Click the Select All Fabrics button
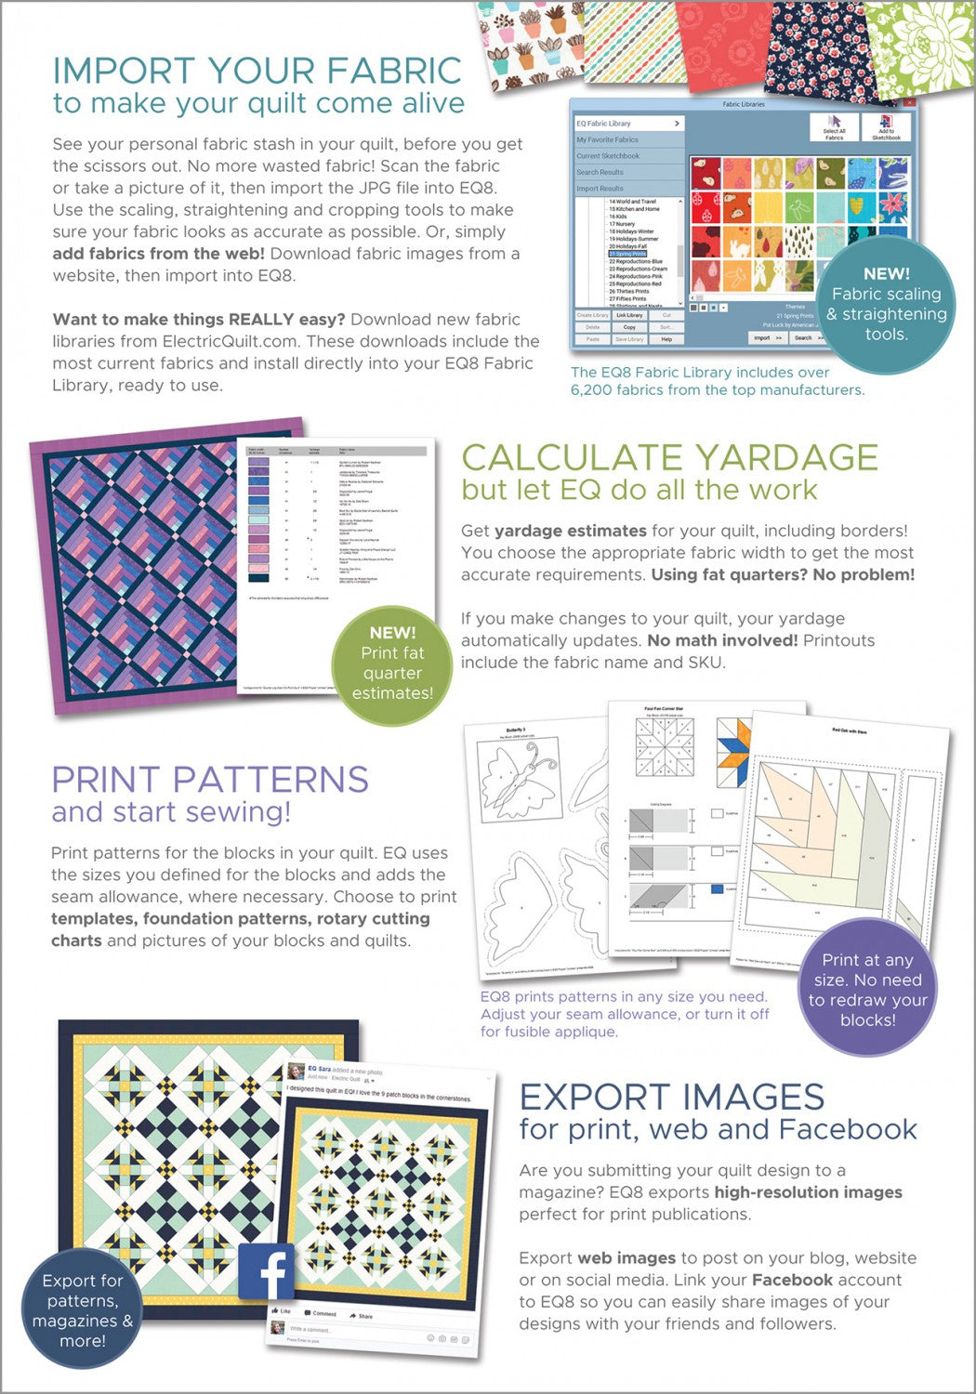pyautogui.click(x=834, y=127)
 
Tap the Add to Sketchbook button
pyautogui.click(x=886, y=127)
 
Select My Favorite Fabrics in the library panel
pyautogui.click(x=608, y=139)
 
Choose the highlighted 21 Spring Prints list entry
pyautogui.click(x=628, y=254)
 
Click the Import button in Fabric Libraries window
pyautogui.click(x=768, y=337)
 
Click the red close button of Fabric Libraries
pyautogui.click(x=909, y=102)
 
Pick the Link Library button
pyautogui.click(x=629, y=315)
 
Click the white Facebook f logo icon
pyautogui.click(x=267, y=1270)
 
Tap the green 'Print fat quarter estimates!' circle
pyautogui.click(x=392, y=663)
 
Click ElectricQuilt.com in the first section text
pyautogui.click(x=237, y=341)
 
